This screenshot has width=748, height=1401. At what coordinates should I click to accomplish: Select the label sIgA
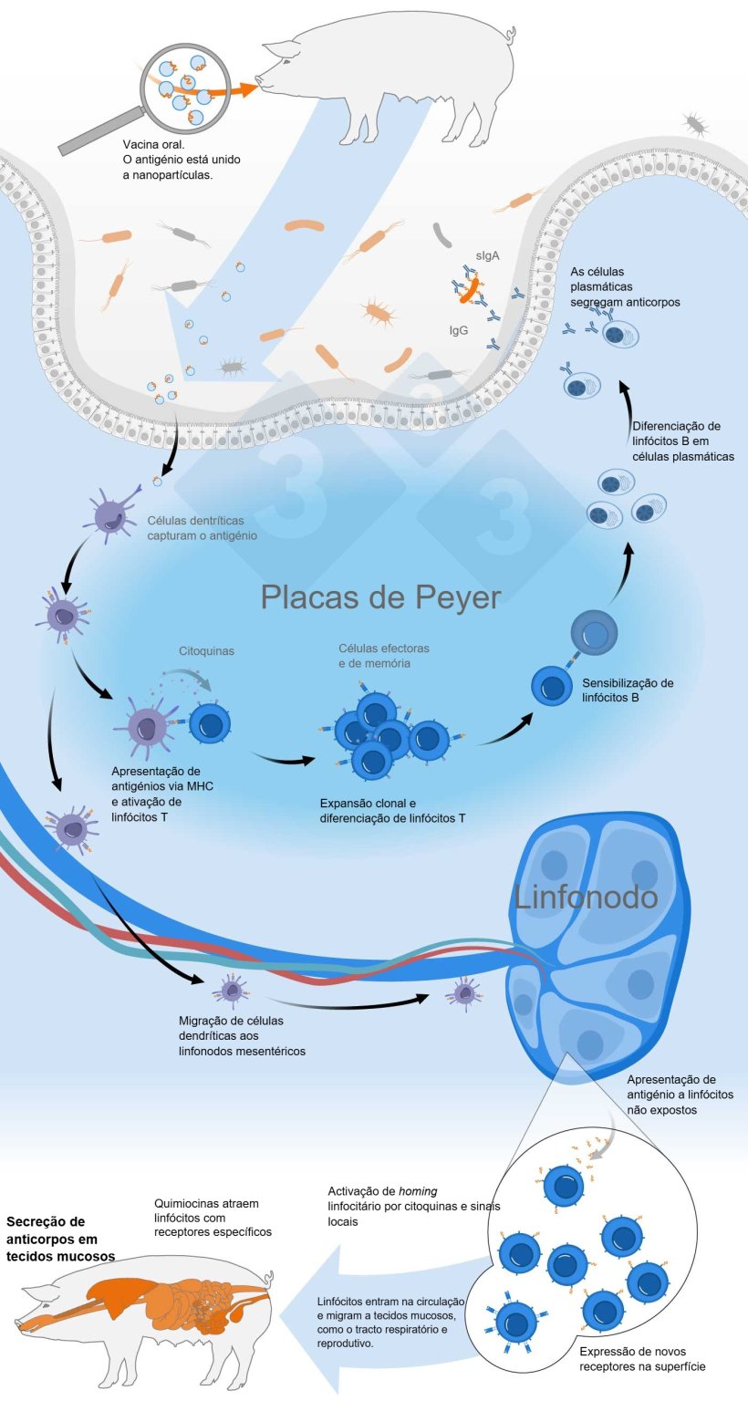click(486, 256)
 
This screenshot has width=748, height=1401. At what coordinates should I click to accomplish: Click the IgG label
click(458, 330)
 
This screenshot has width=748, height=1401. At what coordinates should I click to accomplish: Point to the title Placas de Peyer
click(380, 597)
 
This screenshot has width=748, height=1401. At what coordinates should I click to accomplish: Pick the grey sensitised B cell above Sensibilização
click(595, 632)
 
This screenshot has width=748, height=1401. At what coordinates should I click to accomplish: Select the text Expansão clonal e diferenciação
click(392, 810)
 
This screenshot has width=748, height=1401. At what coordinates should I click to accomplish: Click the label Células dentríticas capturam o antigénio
click(202, 529)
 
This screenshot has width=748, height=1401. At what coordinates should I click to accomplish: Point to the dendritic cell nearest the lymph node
click(466, 992)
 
